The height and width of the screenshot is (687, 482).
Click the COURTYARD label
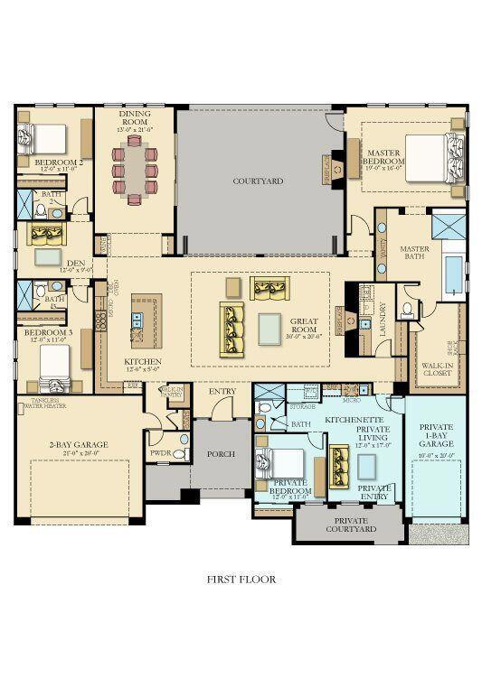pos(258,181)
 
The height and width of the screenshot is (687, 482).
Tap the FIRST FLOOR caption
pos(241,580)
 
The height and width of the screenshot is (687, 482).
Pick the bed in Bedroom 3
pos(54,365)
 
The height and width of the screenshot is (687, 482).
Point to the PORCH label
pos(220,454)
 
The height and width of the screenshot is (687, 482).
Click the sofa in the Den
pos(43,235)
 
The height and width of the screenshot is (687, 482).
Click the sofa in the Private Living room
pos(344,465)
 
